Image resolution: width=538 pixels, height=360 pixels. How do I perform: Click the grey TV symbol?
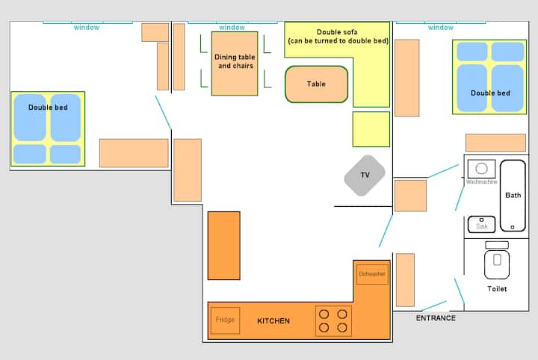click(x=365, y=176)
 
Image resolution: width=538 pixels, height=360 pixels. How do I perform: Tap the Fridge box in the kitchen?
click(x=225, y=320)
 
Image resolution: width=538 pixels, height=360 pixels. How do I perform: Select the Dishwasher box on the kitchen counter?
click(x=372, y=274)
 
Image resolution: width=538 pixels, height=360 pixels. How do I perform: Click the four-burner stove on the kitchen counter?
click(x=333, y=321)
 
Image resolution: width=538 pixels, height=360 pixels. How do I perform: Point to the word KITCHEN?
click(x=273, y=321)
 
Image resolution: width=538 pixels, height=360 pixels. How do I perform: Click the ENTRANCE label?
click(x=436, y=318)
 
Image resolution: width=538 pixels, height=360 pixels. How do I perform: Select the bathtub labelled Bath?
click(x=513, y=196)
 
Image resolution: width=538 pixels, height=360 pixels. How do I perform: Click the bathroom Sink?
click(x=481, y=224)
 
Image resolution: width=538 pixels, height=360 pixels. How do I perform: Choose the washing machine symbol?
click(x=481, y=169)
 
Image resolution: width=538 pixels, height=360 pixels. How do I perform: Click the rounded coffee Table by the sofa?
click(x=316, y=84)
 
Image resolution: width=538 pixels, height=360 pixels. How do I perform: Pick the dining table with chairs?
click(x=235, y=63)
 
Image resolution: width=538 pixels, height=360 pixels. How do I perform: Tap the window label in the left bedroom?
click(x=87, y=28)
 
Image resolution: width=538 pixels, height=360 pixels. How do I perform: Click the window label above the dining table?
click(x=232, y=28)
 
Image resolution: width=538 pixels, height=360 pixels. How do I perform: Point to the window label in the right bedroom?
click(x=441, y=28)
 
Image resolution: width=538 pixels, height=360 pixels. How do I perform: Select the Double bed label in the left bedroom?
click(x=48, y=108)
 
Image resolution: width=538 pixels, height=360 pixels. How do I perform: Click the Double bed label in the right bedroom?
click(x=490, y=93)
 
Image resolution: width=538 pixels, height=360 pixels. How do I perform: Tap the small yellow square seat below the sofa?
click(x=371, y=129)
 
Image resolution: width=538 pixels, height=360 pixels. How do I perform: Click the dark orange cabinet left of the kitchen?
click(x=223, y=246)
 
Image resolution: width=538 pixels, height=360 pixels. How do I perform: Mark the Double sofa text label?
click(x=338, y=37)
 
